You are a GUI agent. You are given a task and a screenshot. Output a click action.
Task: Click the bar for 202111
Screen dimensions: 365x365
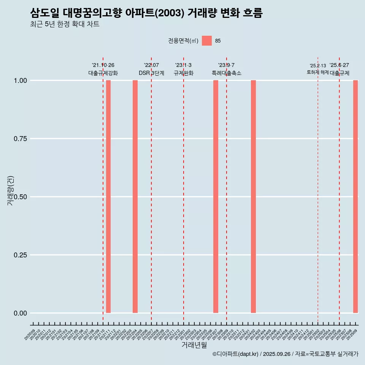pyautogui.click(x=108, y=197)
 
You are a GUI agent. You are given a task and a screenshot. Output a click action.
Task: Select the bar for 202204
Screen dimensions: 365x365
pyautogui.click(x=135, y=197)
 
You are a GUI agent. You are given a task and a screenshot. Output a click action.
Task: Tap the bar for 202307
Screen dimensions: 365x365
pyautogui.click(x=216, y=197)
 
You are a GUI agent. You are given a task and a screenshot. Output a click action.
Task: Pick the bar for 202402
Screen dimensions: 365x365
pyautogui.click(x=253, y=197)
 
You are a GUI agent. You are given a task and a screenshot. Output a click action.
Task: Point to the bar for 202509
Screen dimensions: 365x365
pyautogui.click(x=355, y=197)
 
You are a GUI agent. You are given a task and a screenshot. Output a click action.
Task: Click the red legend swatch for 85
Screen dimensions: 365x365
pyautogui.click(x=206, y=41)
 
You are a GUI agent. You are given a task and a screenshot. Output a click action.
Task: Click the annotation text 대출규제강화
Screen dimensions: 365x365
pyautogui.click(x=103, y=73)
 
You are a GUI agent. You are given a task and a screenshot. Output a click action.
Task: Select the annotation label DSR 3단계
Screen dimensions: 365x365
pyautogui.click(x=151, y=73)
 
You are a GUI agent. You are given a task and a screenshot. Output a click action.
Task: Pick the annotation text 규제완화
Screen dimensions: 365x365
pyautogui.click(x=184, y=73)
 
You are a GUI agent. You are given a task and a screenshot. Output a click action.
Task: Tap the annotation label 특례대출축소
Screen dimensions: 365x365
pyautogui.click(x=227, y=73)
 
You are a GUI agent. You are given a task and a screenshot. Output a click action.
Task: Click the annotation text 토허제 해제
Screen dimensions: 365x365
pyautogui.click(x=317, y=72)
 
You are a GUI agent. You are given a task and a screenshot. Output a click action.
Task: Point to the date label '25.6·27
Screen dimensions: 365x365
pyautogui.click(x=339, y=65)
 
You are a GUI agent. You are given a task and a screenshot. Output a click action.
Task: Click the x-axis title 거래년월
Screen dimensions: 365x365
pyautogui.click(x=194, y=345)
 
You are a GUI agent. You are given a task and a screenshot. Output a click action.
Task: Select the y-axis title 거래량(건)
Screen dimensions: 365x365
pyautogui.click(x=11, y=190)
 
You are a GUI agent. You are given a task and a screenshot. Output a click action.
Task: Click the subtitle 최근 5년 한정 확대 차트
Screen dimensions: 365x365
pyautogui.click(x=65, y=24)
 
